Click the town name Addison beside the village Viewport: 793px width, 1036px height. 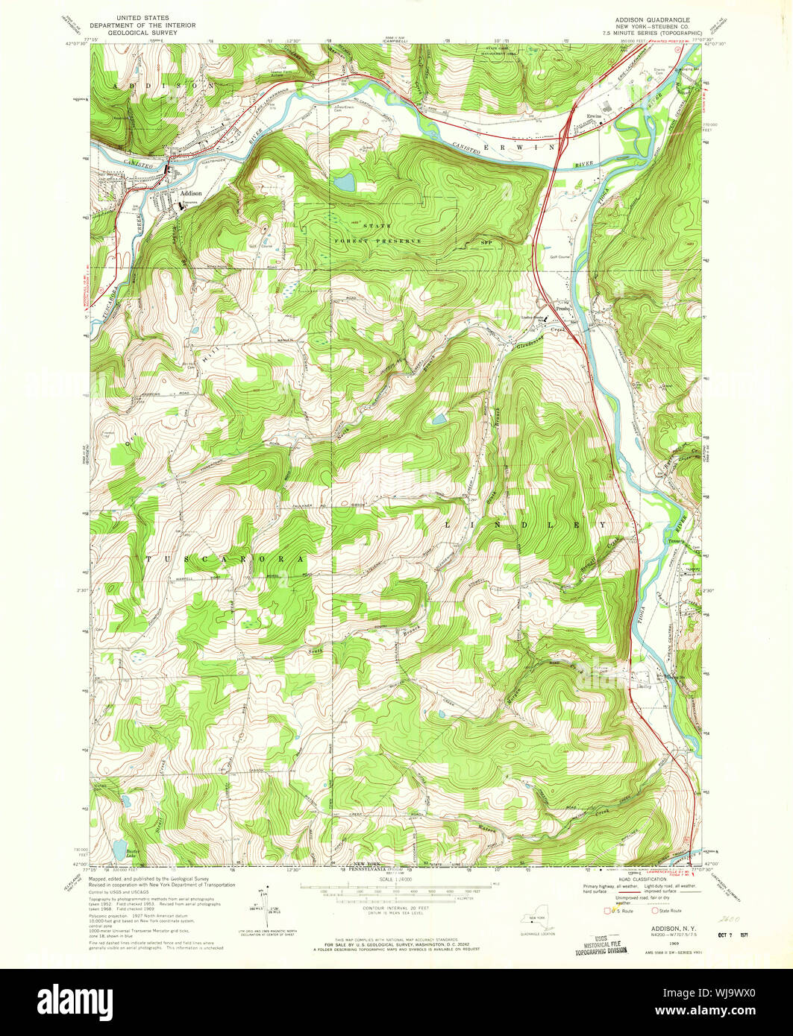pyautogui.click(x=190, y=193)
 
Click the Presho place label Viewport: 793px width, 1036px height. pyautogui.click(x=563, y=307)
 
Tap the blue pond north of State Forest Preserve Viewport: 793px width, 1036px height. pyautogui.click(x=345, y=181)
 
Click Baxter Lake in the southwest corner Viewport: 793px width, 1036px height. pyautogui.click(x=118, y=848)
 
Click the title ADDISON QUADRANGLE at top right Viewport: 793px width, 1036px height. pyautogui.click(x=653, y=16)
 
